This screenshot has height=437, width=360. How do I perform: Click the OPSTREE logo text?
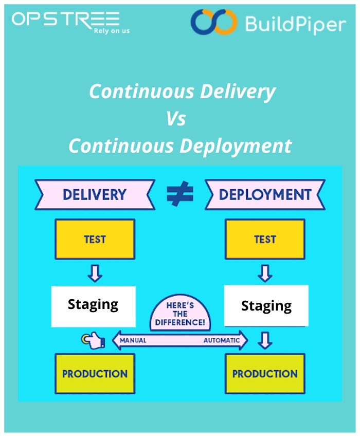point(66,19)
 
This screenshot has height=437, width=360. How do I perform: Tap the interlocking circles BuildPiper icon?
point(213,23)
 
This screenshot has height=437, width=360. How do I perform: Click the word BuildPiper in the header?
point(295,23)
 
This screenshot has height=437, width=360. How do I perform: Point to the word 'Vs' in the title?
point(176,119)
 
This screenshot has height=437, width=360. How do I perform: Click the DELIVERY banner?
point(94,194)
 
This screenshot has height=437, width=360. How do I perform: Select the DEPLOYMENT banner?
point(265,194)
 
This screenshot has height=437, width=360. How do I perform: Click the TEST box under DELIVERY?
point(94,239)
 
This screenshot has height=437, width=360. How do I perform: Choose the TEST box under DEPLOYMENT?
point(265,239)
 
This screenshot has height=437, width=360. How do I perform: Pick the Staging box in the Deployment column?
point(266,306)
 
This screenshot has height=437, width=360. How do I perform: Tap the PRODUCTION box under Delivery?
point(95,373)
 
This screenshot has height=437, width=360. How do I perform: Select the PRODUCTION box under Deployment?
point(265,373)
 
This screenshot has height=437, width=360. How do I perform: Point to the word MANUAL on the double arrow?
point(133,340)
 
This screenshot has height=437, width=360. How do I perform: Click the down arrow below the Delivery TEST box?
point(94,273)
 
